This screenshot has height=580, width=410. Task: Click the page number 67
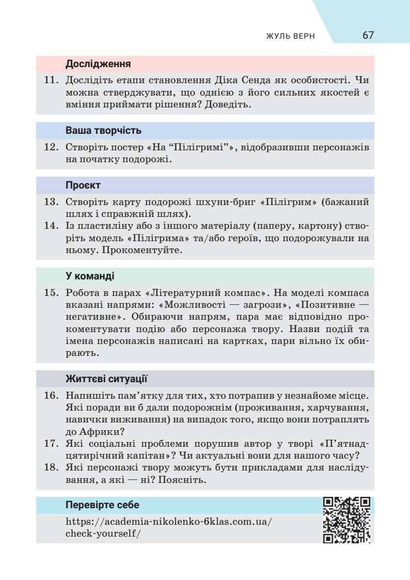click(x=368, y=36)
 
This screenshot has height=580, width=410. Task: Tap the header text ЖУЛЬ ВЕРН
click(x=290, y=37)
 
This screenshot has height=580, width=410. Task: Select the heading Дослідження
click(x=98, y=65)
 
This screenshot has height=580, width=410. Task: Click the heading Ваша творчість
click(x=103, y=131)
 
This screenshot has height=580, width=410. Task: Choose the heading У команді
click(x=90, y=275)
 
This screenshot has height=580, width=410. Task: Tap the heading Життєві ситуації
click(x=106, y=379)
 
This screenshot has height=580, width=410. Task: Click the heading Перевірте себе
click(x=102, y=505)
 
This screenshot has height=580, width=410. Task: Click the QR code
click(x=346, y=520)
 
